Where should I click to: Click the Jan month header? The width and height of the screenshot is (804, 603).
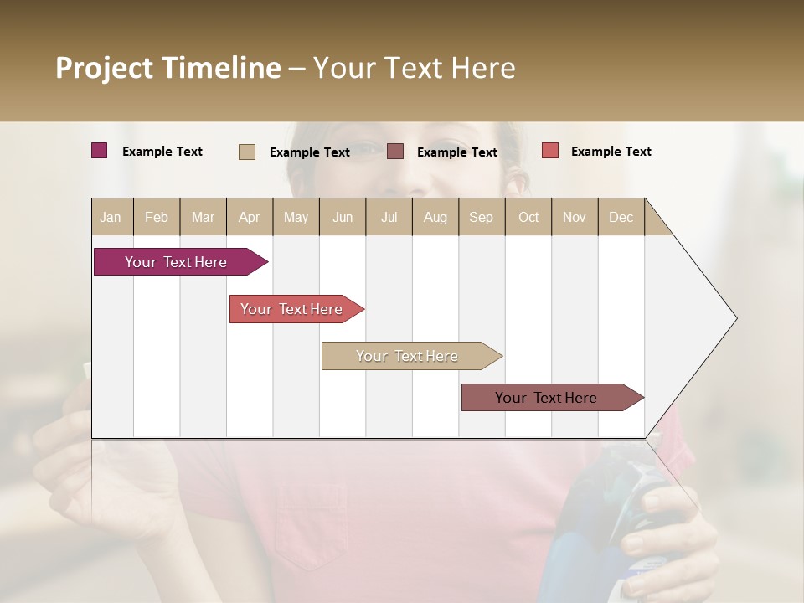click(111, 217)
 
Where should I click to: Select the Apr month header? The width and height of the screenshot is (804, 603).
click(250, 217)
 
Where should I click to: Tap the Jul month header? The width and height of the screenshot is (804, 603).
click(389, 217)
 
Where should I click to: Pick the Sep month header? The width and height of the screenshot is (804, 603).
click(482, 217)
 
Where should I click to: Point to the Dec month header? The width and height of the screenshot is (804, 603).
click(621, 217)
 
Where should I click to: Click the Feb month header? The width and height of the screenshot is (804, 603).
click(157, 217)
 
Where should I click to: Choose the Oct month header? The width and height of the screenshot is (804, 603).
click(528, 217)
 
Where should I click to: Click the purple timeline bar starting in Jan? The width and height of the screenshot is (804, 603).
click(176, 262)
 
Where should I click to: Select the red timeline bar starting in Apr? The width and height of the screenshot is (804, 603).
click(291, 309)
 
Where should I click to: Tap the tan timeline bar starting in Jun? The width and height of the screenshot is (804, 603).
click(407, 356)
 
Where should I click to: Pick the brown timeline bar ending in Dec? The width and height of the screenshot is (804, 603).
click(546, 398)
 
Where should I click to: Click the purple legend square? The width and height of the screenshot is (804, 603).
click(100, 151)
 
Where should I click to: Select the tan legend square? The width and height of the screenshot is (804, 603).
click(247, 152)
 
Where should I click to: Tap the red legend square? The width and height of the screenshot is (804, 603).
click(550, 151)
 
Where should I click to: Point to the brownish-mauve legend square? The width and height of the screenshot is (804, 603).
click(395, 152)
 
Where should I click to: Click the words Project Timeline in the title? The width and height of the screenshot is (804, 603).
click(167, 68)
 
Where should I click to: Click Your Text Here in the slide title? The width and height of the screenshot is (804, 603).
click(414, 68)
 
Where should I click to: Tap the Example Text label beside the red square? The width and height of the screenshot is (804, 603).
click(611, 151)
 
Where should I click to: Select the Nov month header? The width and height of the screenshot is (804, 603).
click(575, 217)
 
